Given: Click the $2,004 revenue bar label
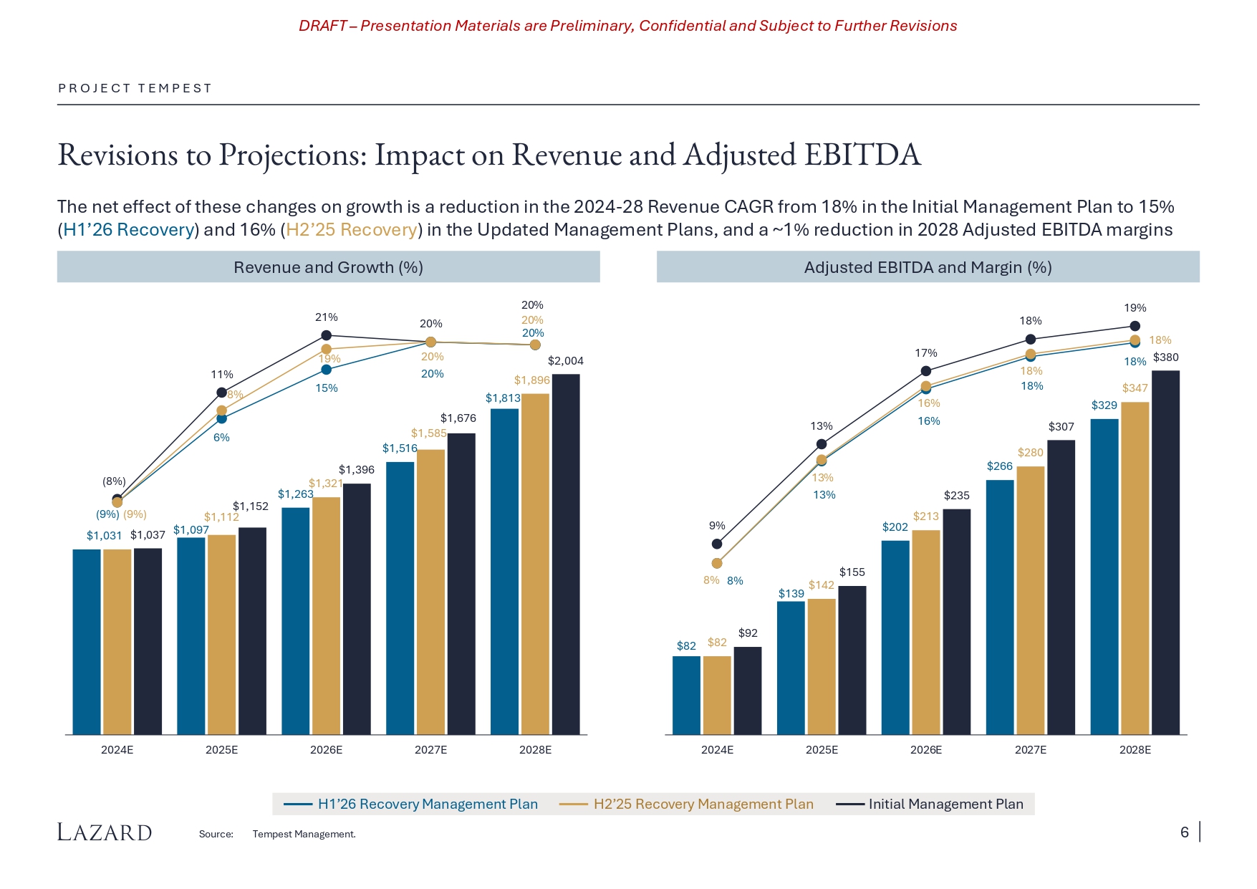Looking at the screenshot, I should click(565, 361).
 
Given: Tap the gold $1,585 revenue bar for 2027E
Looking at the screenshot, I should click(430, 591).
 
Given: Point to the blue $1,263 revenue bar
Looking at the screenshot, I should click(295, 620).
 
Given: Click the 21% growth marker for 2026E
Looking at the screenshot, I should click(326, 335).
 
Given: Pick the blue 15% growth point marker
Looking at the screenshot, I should click(326, 370).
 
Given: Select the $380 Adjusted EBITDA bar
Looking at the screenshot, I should click(1165, 552).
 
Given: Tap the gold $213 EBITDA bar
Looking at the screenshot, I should click(926, 632).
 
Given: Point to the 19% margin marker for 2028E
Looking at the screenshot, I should click(1135, 326).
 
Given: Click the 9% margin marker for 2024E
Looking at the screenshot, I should click(717, 544).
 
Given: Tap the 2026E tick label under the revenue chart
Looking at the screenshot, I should click(326, 750).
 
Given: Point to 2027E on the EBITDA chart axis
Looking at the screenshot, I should click(1031, 750).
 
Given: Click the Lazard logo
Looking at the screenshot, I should click(105, 832).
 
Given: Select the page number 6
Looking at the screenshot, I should click(1185, 832).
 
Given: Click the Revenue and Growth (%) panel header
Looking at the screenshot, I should click(328, 267).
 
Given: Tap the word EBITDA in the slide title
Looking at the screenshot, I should click(862, 155).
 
